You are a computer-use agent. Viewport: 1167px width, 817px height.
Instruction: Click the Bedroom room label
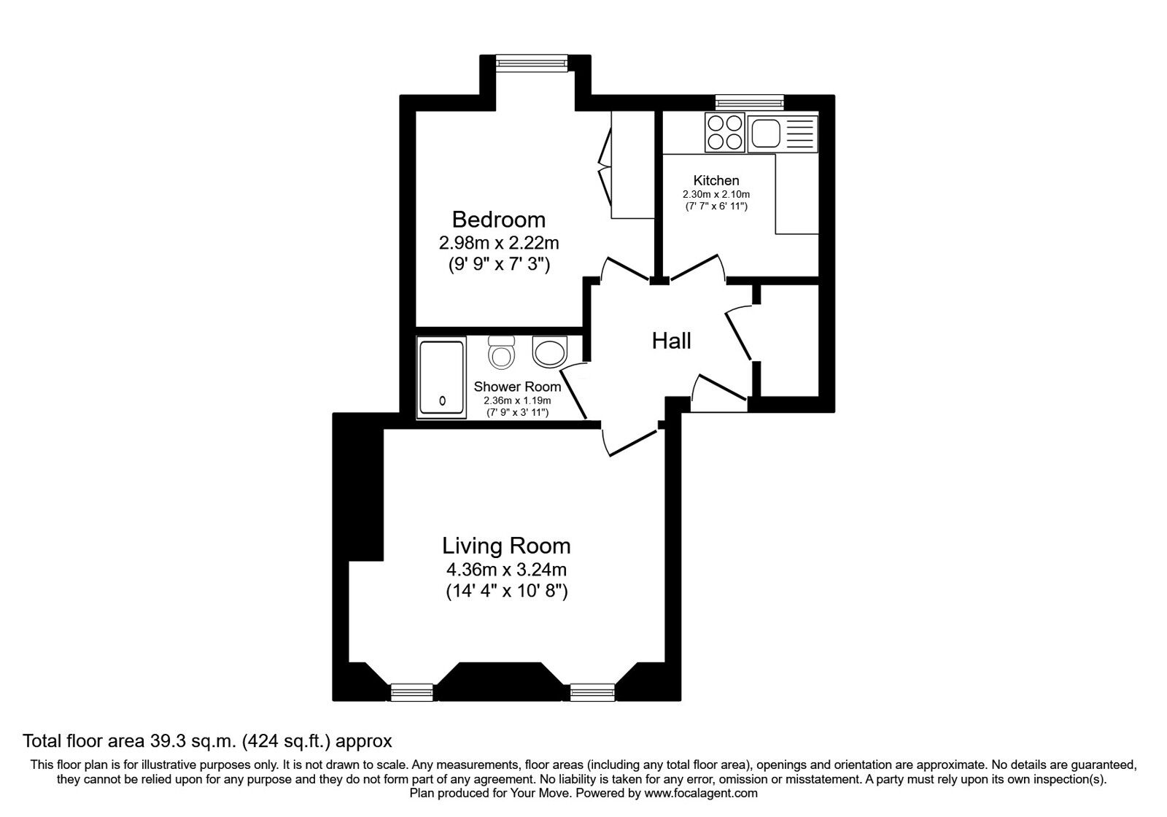[499, 220]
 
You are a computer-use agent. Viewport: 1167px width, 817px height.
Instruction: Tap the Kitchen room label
[716, 180]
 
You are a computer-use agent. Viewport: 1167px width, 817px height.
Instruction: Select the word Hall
[672, 341]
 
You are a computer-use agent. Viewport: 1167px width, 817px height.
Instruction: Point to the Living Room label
[506, 546]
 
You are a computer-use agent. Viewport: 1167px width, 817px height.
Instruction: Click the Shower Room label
[517, 387]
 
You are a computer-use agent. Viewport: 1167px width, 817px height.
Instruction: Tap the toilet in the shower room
[502, 352]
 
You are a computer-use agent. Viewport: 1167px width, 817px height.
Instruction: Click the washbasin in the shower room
[550, 351]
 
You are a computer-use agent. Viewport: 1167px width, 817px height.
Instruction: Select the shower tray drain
[442, 400]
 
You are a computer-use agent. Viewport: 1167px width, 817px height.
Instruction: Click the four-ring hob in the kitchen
[725, 132]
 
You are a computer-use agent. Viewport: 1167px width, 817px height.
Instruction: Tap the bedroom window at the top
[532, 63]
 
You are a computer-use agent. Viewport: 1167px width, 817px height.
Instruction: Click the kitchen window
[750, 102]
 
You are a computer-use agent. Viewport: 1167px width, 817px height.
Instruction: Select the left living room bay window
[412, 692]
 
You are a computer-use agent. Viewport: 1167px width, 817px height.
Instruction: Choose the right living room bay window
[592, 692]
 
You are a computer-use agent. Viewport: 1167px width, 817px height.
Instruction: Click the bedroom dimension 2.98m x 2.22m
[499, 243]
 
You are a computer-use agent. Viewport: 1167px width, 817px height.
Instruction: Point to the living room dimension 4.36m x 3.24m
[506, 569]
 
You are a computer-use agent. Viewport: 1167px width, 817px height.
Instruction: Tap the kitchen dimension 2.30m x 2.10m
[716, 194]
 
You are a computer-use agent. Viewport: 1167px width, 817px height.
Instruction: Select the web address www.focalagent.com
[701, 793]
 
